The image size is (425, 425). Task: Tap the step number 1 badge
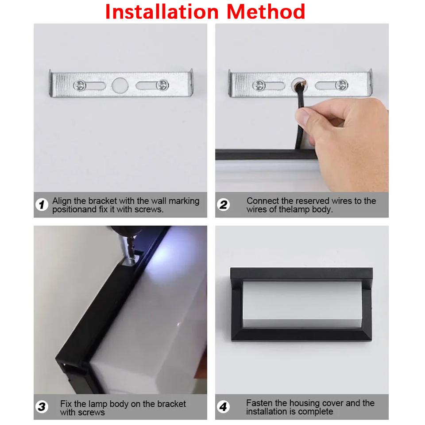(42, 205)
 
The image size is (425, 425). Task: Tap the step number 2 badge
(223, 205)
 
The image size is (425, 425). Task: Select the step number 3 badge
(42, 407)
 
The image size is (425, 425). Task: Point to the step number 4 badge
(223, 407)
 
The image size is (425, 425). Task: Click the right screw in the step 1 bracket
(162, 84)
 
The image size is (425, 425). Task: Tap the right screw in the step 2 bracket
(341, 85)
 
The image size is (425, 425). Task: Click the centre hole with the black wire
(298, 84)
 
